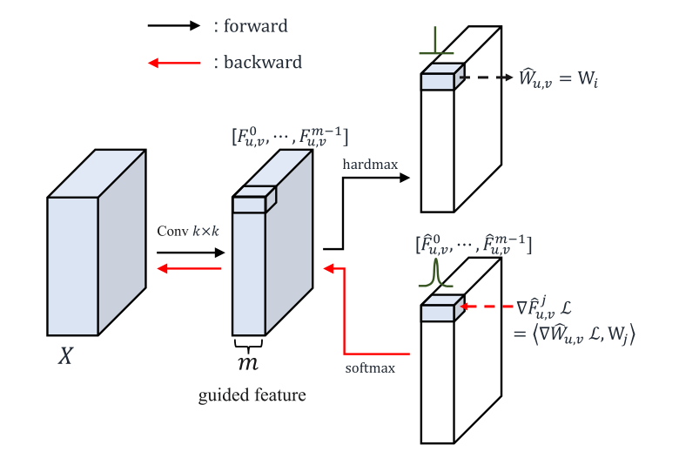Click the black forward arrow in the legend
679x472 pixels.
click(x=173, y=26)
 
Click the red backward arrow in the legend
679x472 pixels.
click(x=173, y=63)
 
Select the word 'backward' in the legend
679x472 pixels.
click(x=262, y=63)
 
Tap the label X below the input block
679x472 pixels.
click(x=65, y=357)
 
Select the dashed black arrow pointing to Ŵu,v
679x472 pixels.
click(x=488, y=78)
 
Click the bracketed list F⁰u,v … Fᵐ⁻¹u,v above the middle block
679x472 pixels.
click(x=290, y=136)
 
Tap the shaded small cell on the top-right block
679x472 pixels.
click(x=438, y=81)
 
